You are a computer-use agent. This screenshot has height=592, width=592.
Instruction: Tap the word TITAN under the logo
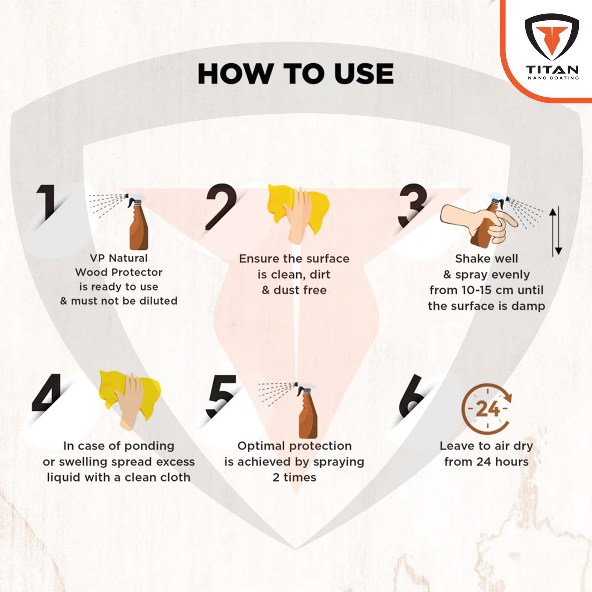click(552, 70)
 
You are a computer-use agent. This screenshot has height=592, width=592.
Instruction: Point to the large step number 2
click(221, 206)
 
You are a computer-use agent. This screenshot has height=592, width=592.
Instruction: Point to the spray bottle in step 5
click(307, 411)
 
